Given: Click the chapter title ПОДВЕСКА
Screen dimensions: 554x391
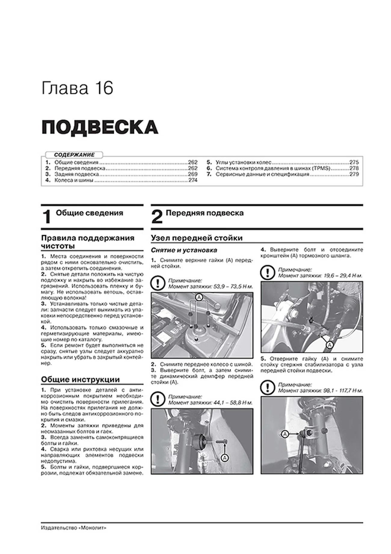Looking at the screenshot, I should pos(100,127).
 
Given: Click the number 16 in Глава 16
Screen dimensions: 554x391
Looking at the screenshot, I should pos(104,88).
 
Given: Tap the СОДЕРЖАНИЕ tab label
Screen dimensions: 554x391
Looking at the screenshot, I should pos(74,155).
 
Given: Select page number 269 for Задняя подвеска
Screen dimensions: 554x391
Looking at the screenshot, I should pos(192,174).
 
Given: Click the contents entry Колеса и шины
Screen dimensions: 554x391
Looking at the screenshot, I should pos(74,180).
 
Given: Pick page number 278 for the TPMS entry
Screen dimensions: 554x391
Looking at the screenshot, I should pos(354,168).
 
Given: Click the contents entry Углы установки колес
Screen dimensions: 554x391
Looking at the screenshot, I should pos(243,162).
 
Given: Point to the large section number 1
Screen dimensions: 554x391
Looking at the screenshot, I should pos(47,217).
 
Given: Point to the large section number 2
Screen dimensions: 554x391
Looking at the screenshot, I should pos(157,217).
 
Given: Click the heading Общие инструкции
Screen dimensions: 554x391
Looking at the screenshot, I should pos(80,379).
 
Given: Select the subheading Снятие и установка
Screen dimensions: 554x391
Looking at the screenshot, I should pos(184,250).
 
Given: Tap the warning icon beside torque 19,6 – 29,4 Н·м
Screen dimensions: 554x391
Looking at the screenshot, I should pos(267,273).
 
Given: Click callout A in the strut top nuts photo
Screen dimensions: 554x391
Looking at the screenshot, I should pos(199,297).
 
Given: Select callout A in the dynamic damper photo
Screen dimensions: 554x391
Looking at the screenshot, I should pos(224,458).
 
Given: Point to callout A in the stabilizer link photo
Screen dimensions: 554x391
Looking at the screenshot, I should pos(285,434).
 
